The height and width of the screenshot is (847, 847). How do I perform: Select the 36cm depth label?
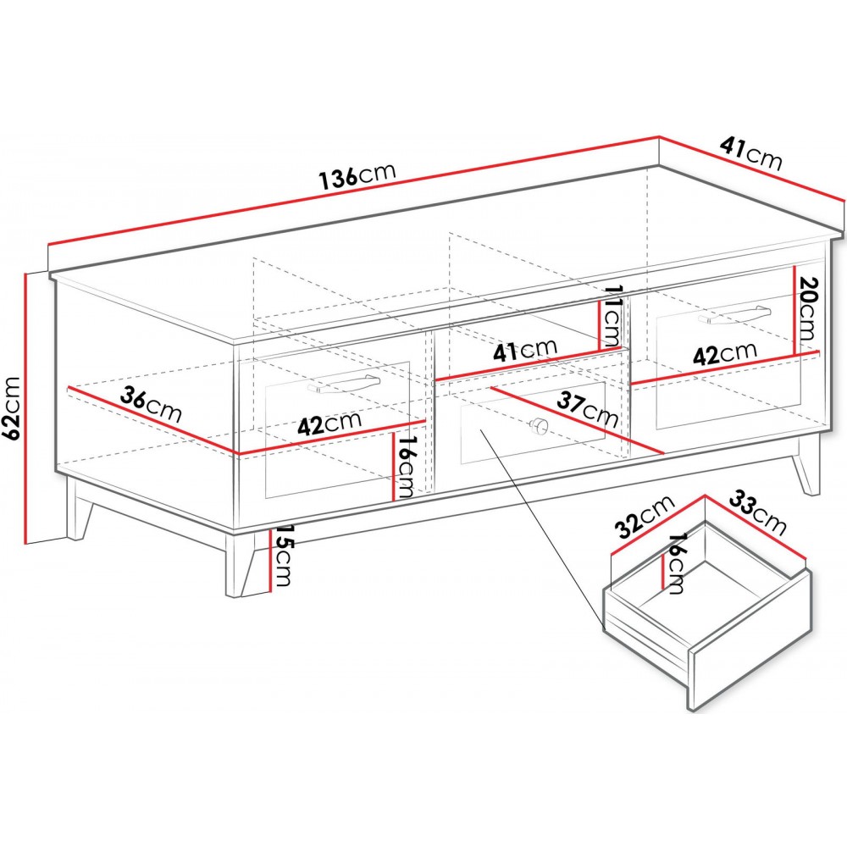point(151,405)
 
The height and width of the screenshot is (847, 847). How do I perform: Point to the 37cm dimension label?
point(588,409)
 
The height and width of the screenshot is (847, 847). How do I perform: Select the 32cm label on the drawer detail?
point(646,517)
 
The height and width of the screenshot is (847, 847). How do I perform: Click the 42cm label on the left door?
point(329,423)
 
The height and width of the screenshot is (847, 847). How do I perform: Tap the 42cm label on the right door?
point(724,354)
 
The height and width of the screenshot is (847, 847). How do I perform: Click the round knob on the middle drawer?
point(539,426)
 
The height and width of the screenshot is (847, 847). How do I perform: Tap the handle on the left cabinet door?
point(344,384)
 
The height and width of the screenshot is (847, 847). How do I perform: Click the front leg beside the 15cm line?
point(241,564)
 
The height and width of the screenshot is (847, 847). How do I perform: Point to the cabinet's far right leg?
point(806,464)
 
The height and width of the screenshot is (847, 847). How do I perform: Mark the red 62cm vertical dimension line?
point(25,408)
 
